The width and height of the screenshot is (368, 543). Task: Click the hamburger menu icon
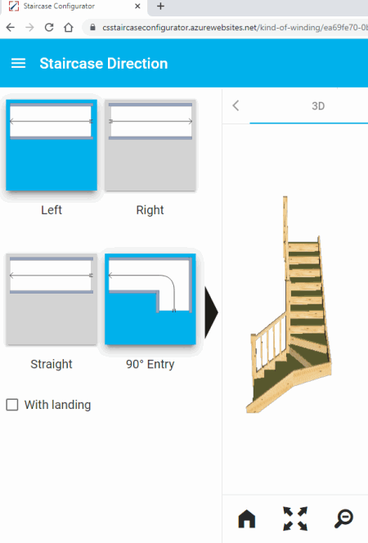pyautogui.click(x=18, y=63)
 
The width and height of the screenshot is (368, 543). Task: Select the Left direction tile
pyautogui.click(x=52, y=145)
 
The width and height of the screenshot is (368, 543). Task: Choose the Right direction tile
pyautogui.click(x=150, y=145)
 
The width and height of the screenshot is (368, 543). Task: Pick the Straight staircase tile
pyautogui.click(x=52, y=299)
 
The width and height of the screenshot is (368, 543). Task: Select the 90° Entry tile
pyautogui.click(x=150, y=299)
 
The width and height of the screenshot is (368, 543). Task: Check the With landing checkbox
pyautogui.click(x=12, y=405)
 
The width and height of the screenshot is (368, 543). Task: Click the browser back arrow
pyautogui.click(x=11, y=27)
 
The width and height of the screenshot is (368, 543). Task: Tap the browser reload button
pyautogui.click(x=49, y=27)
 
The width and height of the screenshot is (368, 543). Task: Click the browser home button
pyautogui.click(x=69, y=27)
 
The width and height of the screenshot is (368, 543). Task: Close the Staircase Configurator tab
pyautogui.click(x=137, y=7)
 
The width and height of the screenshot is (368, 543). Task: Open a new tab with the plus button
pyautogui.click(x=160, y=6)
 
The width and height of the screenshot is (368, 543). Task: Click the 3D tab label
pyautogui.click(x=318, y=106)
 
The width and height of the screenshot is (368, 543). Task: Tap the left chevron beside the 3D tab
pyautogui.click(x=236, y=105)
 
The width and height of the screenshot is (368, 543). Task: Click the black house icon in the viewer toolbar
pyautogui.click(x=247, y=518)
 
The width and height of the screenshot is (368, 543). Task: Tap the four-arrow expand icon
pyautogui.click(x=295, y=518)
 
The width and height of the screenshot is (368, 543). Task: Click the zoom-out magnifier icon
pyautogui.click(x=343, y=518)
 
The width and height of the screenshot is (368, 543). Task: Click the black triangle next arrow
pyautogui.click(x=211, y=312)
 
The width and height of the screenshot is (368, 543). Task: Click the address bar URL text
pyautogui.click(x=235, y=27)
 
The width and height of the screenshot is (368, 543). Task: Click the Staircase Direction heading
pyautogui.click(x=104, y=63)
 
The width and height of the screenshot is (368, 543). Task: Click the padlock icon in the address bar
pyautogui.click(x=92, y=27)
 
